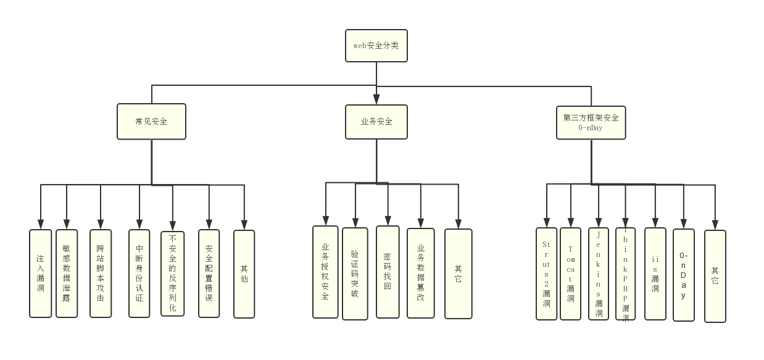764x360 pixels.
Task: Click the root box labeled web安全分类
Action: (376, 46)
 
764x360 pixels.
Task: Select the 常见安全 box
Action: (151, 122)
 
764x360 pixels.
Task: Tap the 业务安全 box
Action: (376, 122)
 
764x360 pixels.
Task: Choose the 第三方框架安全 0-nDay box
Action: (591, 122)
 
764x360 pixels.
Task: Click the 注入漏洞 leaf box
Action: (41, 274)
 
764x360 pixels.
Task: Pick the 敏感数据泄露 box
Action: (67, 274)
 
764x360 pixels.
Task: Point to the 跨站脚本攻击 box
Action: (101, 274)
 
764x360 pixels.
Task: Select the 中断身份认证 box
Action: (139, 274)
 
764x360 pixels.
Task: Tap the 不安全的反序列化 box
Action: (173, 274)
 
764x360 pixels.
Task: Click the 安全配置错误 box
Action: (209, 274)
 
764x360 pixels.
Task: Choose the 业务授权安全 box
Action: (325, 272)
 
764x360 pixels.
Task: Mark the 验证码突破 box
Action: (355, 274)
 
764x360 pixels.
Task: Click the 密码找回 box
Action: (388, 272)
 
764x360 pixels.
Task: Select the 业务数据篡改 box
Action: (421, 273)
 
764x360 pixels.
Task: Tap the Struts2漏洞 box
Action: (547, 274)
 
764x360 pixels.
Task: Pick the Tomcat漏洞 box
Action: (571, 274)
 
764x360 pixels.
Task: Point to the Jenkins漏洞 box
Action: (599, 274)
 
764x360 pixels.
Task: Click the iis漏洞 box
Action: (655, 274)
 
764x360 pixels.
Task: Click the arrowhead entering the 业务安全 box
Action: (376, 99)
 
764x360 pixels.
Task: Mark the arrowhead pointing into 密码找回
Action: (388, 220)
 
